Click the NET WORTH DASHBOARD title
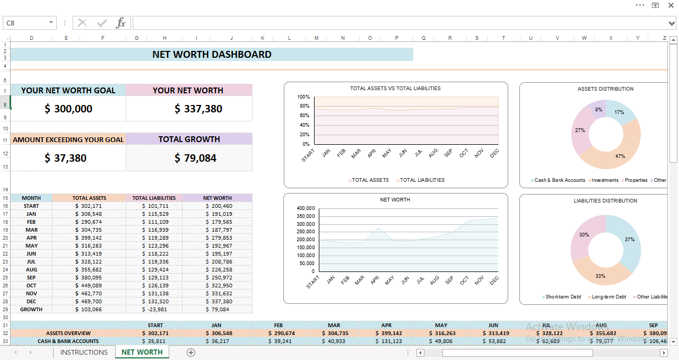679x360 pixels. tap(212, 55)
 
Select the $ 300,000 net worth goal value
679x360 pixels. tap(68, 109)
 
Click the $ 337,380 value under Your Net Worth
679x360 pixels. tap(198, 109)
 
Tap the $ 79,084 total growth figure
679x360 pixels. tap(195, 158)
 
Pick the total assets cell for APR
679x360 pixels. tap(89, 238)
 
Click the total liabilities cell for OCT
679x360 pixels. tap(155, 286)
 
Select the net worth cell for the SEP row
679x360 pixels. tap(219, 278)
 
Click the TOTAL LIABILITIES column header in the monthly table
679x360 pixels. tap(154, 198)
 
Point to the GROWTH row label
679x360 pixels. tap(31, 310)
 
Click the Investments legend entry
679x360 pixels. tap(605, 180)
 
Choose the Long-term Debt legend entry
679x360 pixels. tap(608, 297)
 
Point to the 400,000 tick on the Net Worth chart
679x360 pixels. tap(306, 208)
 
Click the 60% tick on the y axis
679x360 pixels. tap(305, 116)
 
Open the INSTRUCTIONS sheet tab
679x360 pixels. tap(84, 353)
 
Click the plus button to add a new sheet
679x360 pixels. tap(191, 353)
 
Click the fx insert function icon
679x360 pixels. tap(121, 23)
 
